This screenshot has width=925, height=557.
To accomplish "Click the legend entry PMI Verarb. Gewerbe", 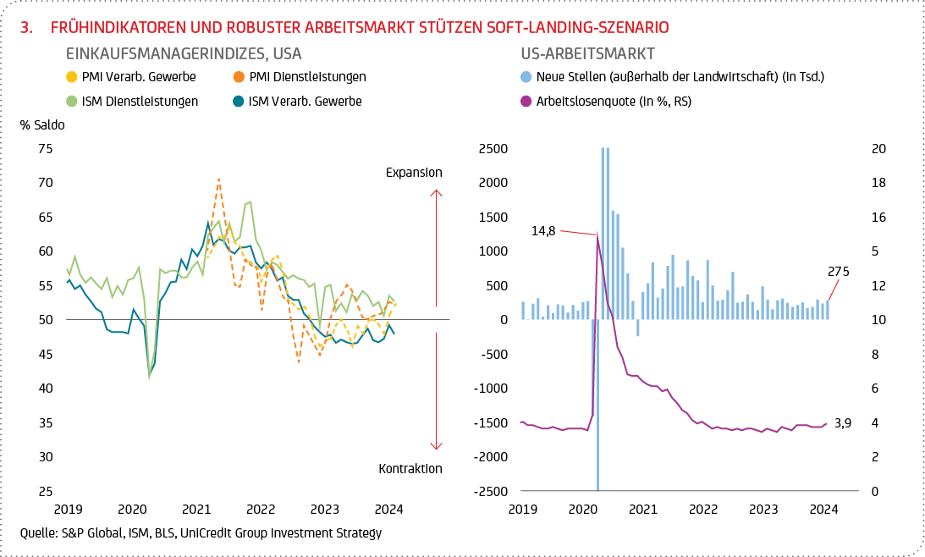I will pos(139,77).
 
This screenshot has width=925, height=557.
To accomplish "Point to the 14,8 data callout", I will pos(543,229).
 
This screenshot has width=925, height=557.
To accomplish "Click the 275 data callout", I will pos(838,272).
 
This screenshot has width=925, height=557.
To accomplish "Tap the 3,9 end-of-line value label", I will pos(842,422).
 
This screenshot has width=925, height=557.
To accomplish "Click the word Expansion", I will pos(414,173).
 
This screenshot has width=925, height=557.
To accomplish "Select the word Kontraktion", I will pos(410,468).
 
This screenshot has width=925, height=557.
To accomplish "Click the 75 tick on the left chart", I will pos(46,149).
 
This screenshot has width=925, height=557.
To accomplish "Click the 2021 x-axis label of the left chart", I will pos(196,510).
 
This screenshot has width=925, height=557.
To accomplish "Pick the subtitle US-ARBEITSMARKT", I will pos(587,53).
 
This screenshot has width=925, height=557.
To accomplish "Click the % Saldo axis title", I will pos(42,124).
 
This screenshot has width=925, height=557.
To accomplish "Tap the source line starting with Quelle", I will pos(201,533).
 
